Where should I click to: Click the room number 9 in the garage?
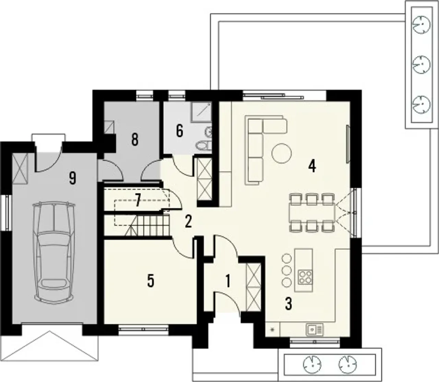pyautogui.click(x=73, y=178)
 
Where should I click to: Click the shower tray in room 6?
pyautogui.click(x=201, y=112)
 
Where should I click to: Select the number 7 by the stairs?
pyautogui.click(x=138, y=200)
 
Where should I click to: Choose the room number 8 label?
pyautogui.click(x=134, y=140)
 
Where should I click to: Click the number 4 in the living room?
pyautogui.click(x=312, y=166)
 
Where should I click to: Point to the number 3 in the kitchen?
pyautogui.click(x=288, y=303)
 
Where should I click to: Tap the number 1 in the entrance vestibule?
pyautogui.click(x=228, y=281)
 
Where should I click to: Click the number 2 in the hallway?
pyautogui.click(x=188, y=222)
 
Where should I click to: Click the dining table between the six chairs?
pyautogui.click(x=312, y=213)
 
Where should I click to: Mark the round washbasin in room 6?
pyautogui.click(x=208, y=131)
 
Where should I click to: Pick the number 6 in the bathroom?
pyautogui.click(x=180, y=131)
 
